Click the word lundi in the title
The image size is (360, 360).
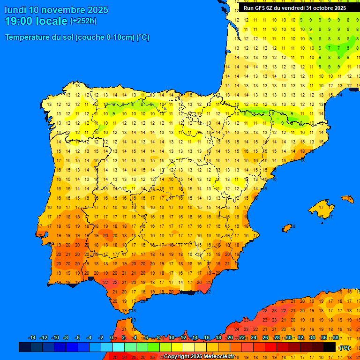(x=15, y=10)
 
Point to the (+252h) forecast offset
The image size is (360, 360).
(x=83, y=21)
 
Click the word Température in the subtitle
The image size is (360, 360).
(x=28, y=37)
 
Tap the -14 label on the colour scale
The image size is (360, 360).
(x=32, y=338)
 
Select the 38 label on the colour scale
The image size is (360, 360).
(x=336, y=338)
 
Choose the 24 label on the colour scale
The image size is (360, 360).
(x=254, y=338)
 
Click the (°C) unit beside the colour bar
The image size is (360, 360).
(x=345, y=348)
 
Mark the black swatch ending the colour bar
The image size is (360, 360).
(x=330, y=347)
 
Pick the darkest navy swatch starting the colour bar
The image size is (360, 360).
(x=25, y=347)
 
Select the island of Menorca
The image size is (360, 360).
(x=347, y=199)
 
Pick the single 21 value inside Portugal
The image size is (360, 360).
(x=68, y=254)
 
